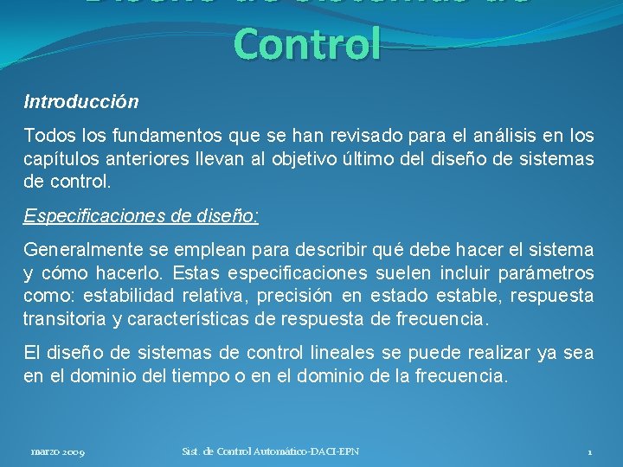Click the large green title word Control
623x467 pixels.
click(x=307, y=44)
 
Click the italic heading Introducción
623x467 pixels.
click(x=80, y=102)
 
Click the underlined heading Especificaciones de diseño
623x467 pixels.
click(x=140, y=216)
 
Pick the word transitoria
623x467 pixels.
click(x=65, y=320)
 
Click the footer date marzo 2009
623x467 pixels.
click(x=57, y=452)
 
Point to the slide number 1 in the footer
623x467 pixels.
click(x=589, y=452)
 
